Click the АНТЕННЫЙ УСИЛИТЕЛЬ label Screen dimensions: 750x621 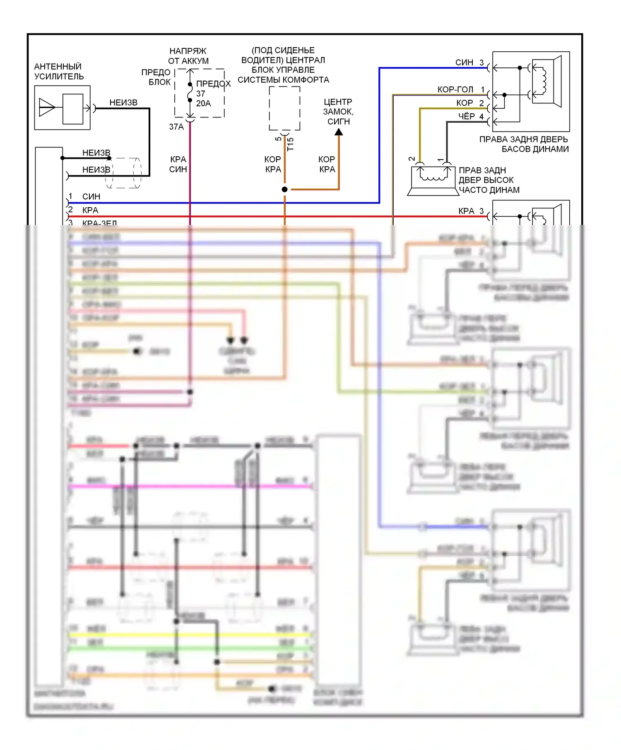pos(59,72)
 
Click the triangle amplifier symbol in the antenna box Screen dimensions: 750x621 pos(47,108)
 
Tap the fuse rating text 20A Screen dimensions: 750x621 pos(203,103)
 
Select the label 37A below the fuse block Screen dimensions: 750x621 pos(176,127)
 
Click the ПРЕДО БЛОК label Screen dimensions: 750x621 pos(156,77)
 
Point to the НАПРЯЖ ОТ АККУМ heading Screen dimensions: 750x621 pos(188,56)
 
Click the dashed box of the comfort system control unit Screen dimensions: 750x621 pos(284,108)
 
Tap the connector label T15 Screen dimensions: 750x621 pos(290,144)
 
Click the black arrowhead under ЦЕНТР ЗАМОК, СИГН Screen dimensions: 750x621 pos(339,132)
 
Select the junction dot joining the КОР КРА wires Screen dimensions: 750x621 pos(284,189)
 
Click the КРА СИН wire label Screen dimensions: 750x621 pos(178,164)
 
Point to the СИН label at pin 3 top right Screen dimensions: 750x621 pos(464,62)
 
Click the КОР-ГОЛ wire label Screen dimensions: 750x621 pos(455,90)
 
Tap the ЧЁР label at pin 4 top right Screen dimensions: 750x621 pos(466,117)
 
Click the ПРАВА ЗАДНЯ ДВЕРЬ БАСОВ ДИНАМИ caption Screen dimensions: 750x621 pos(524,144)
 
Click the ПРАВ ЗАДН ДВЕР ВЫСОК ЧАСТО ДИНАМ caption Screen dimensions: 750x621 pos(489,180)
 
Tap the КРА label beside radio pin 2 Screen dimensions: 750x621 pos(90,210)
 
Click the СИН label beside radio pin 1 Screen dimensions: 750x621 pos(91,196)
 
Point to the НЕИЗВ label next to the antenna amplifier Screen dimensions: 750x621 pos(123,103)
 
